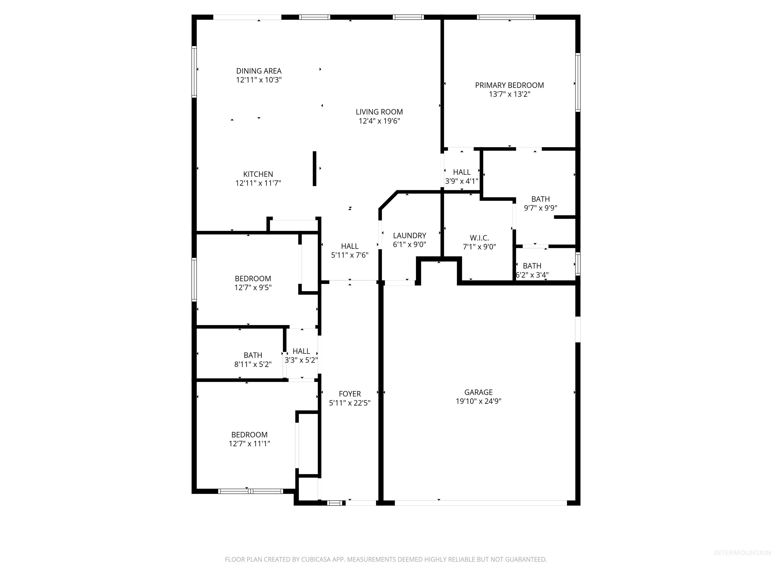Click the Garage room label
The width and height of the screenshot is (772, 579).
coord(478,392)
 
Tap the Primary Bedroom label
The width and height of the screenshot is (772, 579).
coord(509,85)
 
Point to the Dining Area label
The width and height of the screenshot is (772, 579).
coord(259,71)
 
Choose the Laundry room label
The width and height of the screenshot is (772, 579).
coord(409,235)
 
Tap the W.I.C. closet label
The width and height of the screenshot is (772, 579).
coord(479,238)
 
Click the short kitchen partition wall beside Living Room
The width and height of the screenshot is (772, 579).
coord(314,169)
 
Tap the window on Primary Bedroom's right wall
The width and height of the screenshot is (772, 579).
coord(577,82)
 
